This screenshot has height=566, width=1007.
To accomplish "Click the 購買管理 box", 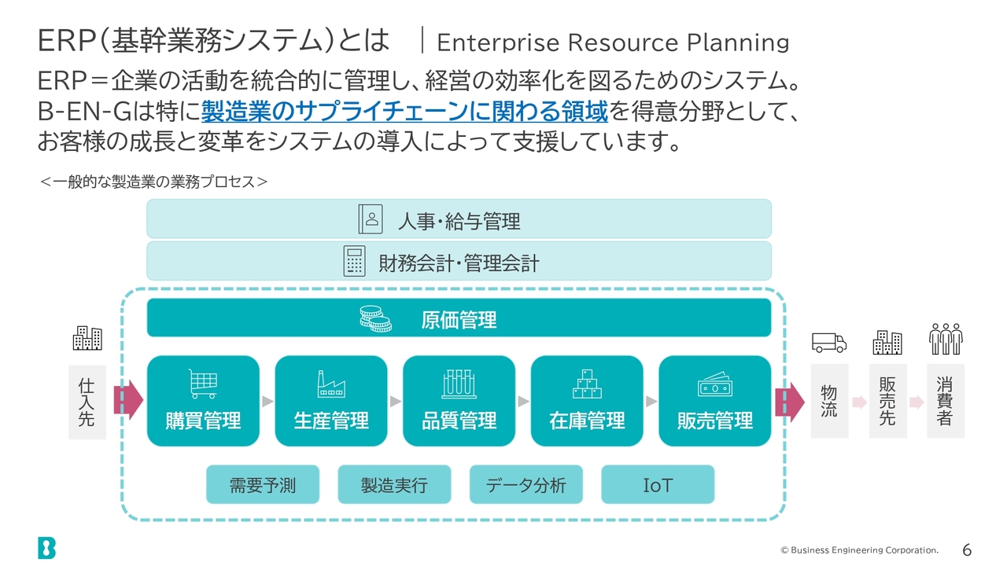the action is click(x=203, y=401).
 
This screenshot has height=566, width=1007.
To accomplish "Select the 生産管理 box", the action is click(x=331, y=401).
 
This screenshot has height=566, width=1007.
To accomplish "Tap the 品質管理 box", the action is click(x=459, y=401).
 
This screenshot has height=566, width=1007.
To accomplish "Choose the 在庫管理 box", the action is click(x=587, y=401).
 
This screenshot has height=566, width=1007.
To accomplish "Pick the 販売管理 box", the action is click(x=715, y=401).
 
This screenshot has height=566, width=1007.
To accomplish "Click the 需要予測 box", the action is click(x=263, y=484).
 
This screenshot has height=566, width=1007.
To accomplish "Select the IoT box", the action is click(x=658, y=484).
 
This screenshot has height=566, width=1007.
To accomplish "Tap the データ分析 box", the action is click(x=526, y=484).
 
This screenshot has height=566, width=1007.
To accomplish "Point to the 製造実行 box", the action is click(x=394, y=484).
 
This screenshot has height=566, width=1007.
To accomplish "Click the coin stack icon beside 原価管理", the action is click(x=375, y=318).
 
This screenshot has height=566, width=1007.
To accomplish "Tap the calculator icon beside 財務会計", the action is click(x=354, y=261).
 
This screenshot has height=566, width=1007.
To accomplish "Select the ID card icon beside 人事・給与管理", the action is click(x=371, y=219).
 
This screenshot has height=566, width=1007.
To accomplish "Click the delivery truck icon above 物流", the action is click(x=829, y=343).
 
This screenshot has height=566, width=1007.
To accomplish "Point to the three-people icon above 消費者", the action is click(x=946, y=339).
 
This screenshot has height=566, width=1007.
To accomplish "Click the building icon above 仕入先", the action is click(x=87, y=338).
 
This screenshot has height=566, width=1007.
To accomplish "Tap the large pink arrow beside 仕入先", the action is click(x=128, y=400).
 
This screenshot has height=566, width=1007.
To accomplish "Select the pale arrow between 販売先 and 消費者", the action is click(x=917, y=402).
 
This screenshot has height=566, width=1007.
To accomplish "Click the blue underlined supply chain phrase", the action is click(x=404, y=111).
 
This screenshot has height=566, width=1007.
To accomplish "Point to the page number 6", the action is click(x=967, y=549).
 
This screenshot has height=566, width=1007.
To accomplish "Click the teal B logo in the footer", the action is click(x=46, y=548).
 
